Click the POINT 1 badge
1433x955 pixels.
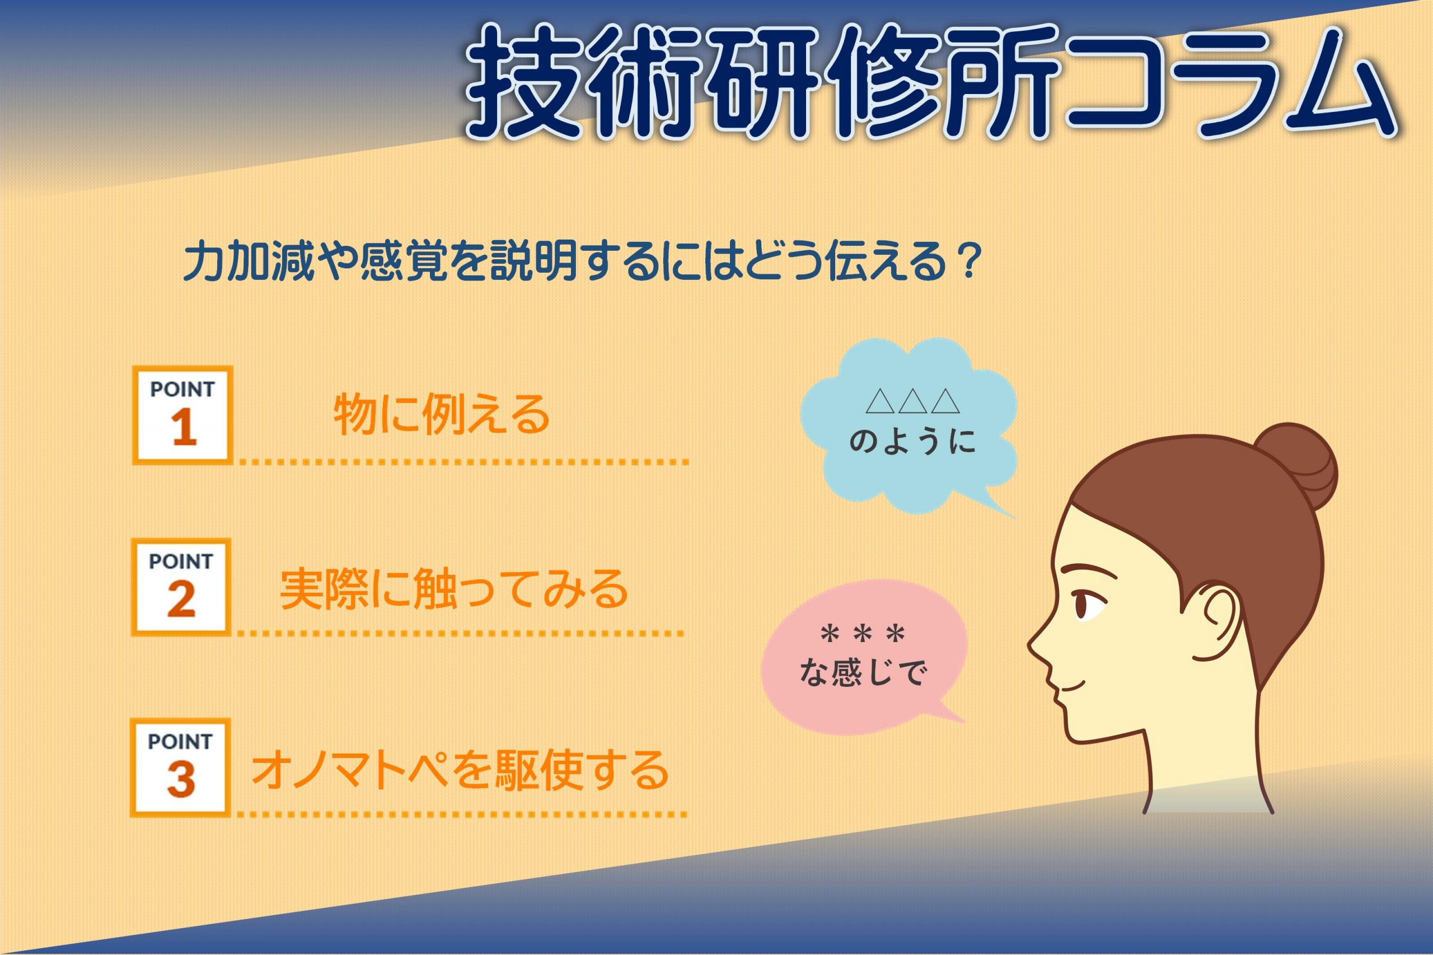[x=182, y=415]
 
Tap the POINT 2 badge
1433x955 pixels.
[x=181, y=587]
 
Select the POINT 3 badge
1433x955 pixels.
[x=180, y=767]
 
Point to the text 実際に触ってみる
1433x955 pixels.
[x=454, y=589]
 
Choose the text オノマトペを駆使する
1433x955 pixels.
[x=460, y=770]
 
